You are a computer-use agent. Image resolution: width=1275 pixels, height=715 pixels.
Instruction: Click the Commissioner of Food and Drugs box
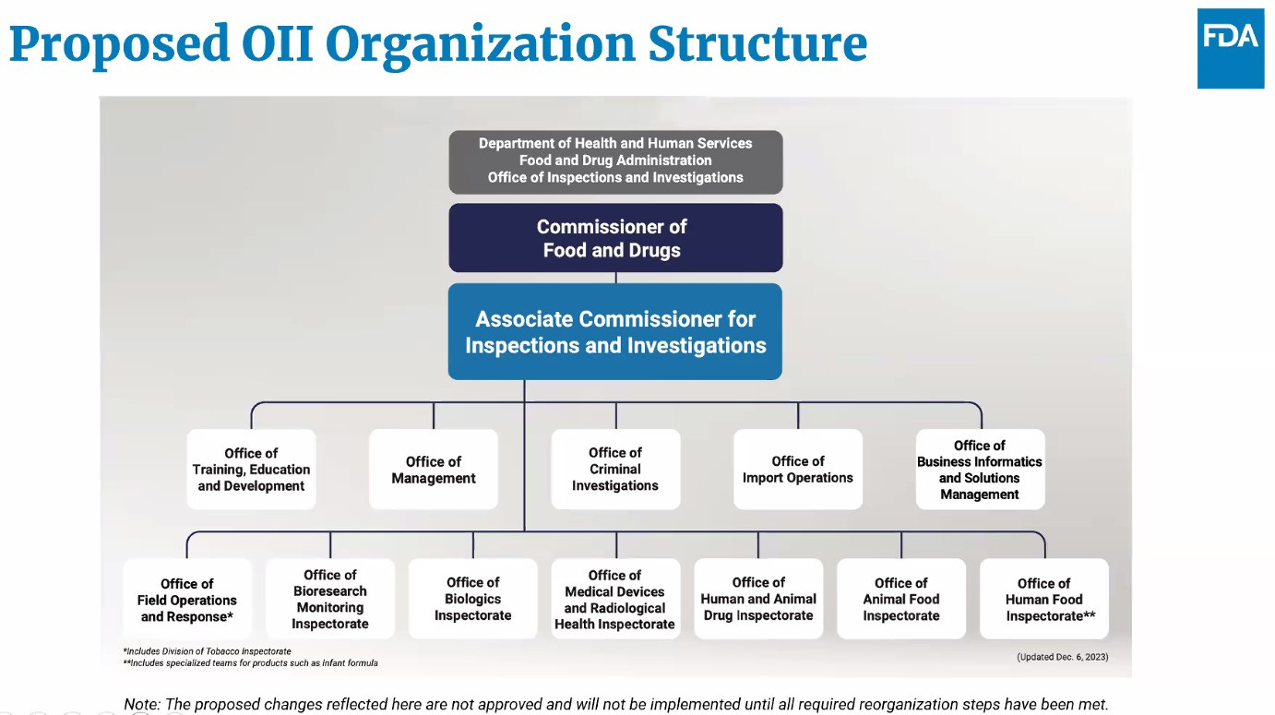tap(615, 238)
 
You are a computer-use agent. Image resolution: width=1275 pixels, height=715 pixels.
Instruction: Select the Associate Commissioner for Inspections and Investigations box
tap(615, 332)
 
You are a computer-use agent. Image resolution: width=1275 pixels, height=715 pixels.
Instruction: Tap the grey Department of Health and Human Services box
tap(615, 161)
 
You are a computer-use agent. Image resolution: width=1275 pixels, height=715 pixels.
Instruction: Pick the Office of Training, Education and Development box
tap(251, 470)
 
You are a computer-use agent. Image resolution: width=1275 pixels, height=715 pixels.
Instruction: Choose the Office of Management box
tap(434, 470)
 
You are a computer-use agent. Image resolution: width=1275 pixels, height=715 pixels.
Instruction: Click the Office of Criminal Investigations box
tap(615, 470)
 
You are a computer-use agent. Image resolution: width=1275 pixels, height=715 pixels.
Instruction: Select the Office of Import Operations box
tap(798, 470)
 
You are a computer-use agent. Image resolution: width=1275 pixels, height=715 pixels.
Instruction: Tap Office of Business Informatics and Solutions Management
tap(980, 470)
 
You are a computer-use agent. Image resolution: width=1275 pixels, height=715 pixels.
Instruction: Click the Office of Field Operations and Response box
tap(187, 600)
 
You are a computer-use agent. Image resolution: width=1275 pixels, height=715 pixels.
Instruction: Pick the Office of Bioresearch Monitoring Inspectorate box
tap(330, 600)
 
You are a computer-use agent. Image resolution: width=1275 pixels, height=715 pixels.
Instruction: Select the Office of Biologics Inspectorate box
tap(473, 600)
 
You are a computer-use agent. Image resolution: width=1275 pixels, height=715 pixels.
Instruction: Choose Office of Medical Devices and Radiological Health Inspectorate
tap(615, 600)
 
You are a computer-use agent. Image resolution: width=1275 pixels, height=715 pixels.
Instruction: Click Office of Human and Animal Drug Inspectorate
tap(758, 600)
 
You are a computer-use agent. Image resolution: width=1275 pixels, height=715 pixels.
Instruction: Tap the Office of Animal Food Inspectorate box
tap(901, 600)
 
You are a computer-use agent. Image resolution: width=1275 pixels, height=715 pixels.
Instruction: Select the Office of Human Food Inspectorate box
tap(1044, 600)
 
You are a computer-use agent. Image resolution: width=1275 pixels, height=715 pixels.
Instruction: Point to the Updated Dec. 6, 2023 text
tap(1062, 657)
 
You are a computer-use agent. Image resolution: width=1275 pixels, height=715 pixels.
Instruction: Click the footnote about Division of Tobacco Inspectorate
tap(208, 651)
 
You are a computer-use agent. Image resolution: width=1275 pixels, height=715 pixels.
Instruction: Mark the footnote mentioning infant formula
tap(251, 663)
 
